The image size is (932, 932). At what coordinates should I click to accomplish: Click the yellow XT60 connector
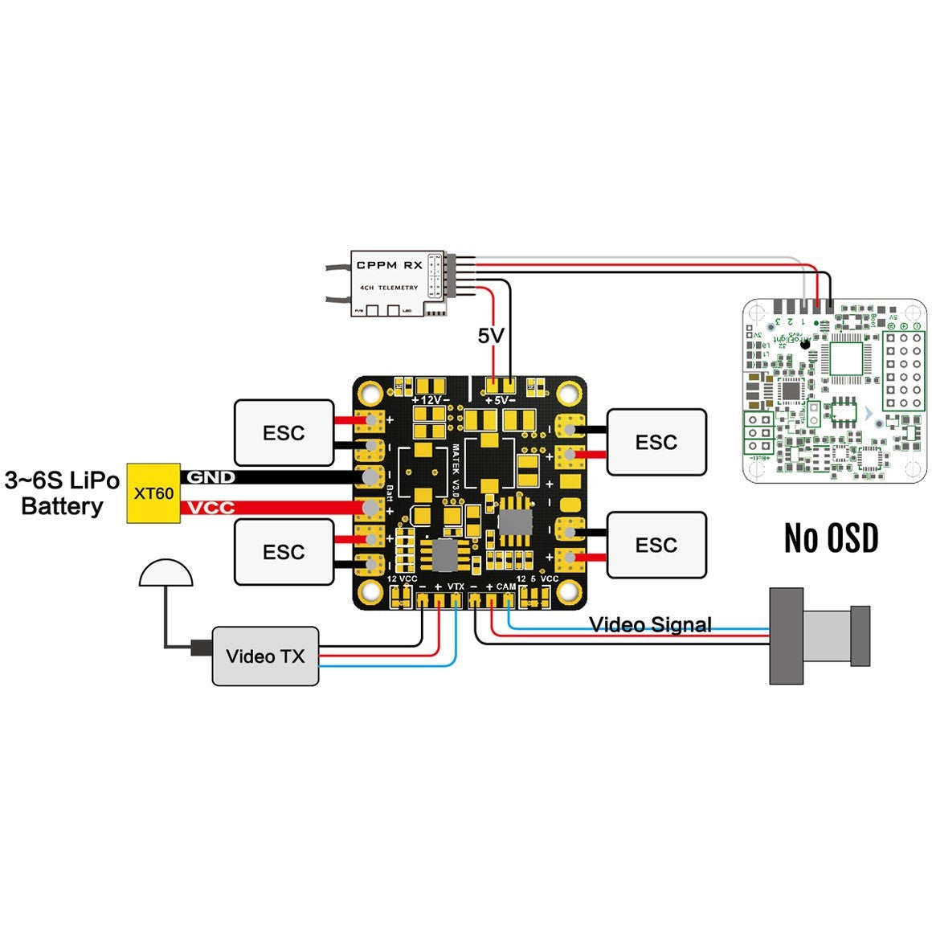point(153,493)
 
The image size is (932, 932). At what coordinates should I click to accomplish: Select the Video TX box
point(265,656)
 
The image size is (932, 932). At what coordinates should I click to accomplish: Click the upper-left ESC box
point(284,432)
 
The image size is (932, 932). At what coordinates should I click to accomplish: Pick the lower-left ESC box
point(284,552)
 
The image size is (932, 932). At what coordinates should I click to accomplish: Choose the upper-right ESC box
point(656,442)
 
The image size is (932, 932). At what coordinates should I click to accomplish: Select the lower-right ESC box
point(656,545)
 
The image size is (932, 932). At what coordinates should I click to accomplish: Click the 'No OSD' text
point(831,538)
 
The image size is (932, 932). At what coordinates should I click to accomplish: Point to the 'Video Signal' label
point(650,624)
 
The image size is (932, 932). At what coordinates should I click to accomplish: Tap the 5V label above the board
point(490,336)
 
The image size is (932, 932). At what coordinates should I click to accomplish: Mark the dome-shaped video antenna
point(166,572)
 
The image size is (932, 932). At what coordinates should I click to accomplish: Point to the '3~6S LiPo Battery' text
point(62,493)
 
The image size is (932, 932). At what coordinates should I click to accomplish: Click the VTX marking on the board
point(456,587)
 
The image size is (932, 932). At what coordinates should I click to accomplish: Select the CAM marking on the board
point(505,587)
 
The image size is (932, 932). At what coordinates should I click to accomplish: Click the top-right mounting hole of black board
point(570,394)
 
